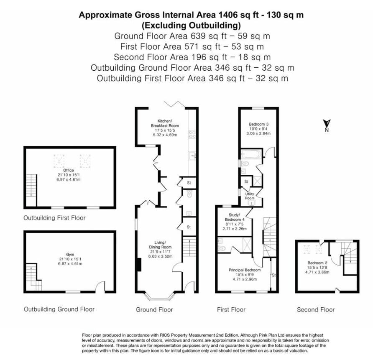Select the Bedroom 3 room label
[258, 124]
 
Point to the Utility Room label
[249, 196]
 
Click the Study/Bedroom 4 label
[233, 217]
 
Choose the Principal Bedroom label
[245, 270]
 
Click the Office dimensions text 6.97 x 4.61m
[69, 179]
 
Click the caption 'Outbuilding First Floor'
[54, 218]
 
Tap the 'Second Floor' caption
[316, 309]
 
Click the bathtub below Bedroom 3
[250, 155]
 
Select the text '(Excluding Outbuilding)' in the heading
[191, 25]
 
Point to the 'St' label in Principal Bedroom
[274, 276]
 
